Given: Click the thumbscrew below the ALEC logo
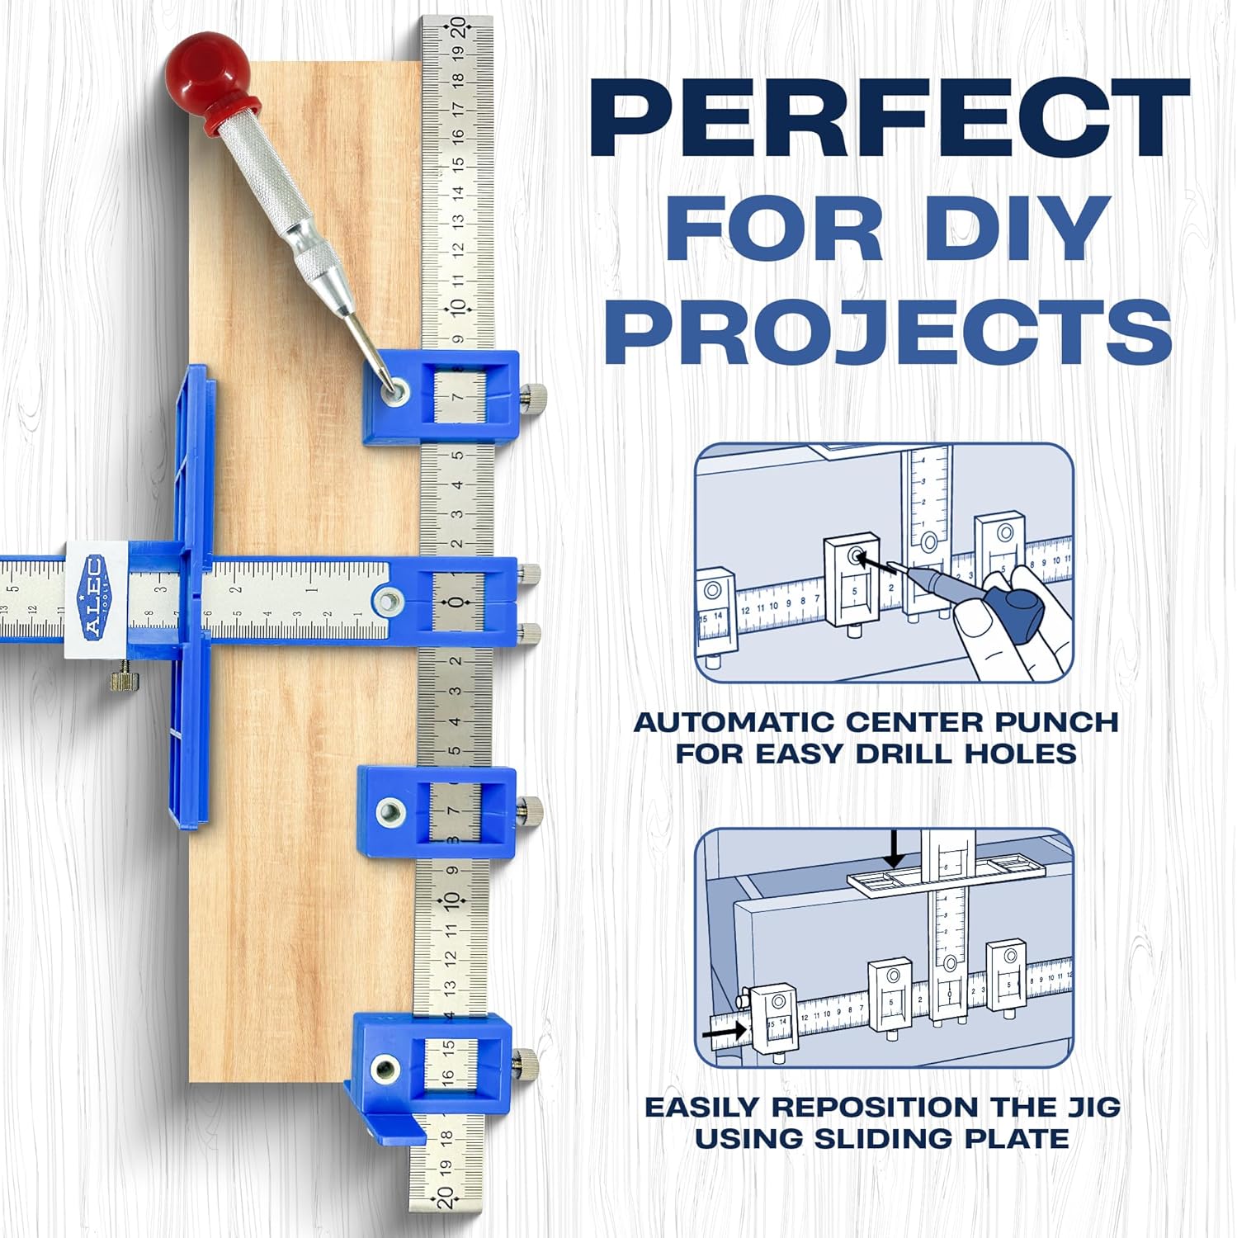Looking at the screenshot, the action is tap(123, 680).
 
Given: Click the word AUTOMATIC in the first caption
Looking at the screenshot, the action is tap(734, 721).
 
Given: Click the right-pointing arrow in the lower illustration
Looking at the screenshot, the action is tap(726, 1031).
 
